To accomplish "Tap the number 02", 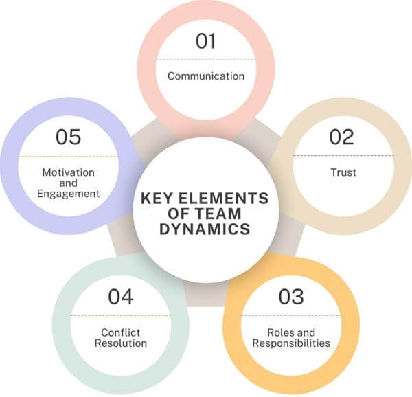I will (x=341, y=137).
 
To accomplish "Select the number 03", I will (x=291, y=297).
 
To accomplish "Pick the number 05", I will (x=69, y=137).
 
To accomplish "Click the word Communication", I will (x=206, y=76).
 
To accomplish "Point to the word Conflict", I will (x=120, y=332).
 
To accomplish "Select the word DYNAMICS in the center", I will (x=205, y=229).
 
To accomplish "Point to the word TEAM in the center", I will (x=231, y=214).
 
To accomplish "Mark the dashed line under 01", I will (x=206, y=60).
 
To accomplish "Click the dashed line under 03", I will (x=291, y=315).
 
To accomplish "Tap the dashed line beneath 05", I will (x=69, y=157).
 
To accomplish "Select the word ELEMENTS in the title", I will (x=225, y=198).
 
